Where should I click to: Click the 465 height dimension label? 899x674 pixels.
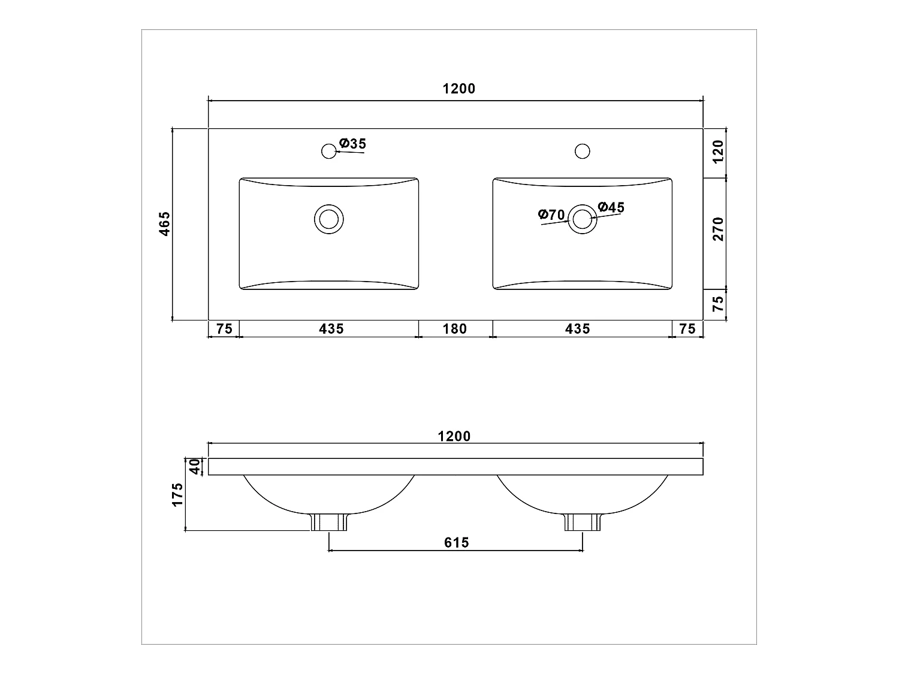tap(165, 223)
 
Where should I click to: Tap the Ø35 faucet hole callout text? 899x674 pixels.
tap(352, 144)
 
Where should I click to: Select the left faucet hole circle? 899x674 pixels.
tap(329, 151)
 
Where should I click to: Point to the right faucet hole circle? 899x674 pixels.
tap(583, 151)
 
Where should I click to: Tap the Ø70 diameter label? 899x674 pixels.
tap(551, 214)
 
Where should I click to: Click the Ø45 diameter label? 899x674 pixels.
tap(611, 207)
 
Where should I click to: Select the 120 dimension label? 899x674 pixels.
tap(719, 152)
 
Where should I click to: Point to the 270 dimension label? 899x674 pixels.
tap(719, 229)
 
